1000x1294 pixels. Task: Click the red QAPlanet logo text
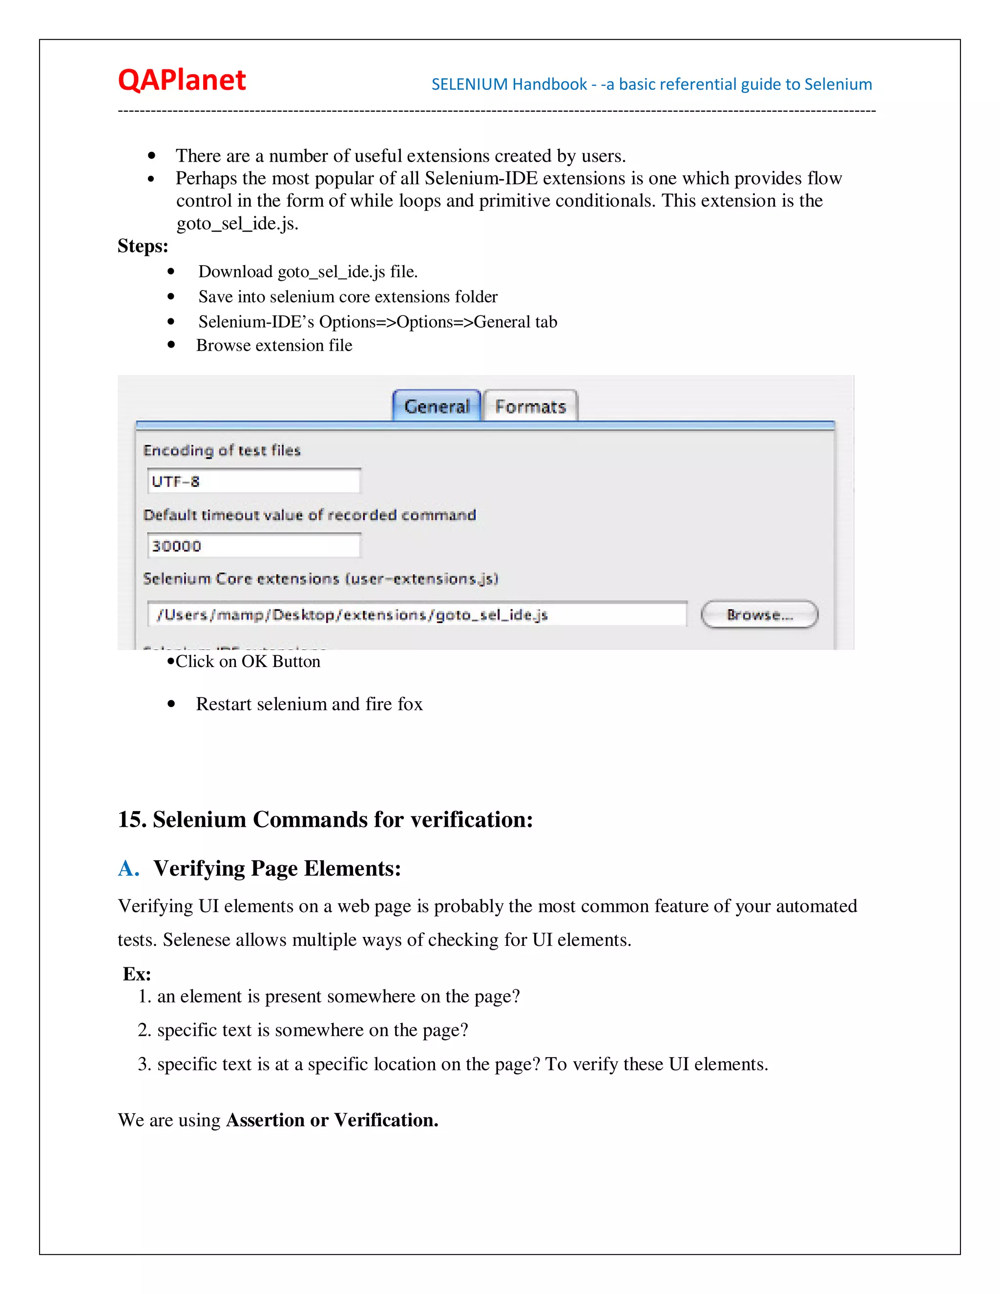[181, 80]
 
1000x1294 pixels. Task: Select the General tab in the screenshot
[437, 406]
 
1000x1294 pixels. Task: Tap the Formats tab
[530, 406]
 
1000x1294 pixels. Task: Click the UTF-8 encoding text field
[253, 481]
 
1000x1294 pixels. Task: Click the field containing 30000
[253, 546]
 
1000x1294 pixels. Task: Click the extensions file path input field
[417, 614]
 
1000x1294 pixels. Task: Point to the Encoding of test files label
[222, 450]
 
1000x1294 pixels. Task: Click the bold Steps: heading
[143, 246]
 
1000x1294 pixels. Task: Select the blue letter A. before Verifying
[128, 869]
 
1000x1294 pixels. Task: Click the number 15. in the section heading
[131, 819]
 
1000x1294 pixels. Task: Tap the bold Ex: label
[137, 974]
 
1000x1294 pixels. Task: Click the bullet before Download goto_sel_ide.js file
[171, 272]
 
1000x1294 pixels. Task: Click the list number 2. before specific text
[145, 1030]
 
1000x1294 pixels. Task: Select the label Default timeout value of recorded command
[309, 515]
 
